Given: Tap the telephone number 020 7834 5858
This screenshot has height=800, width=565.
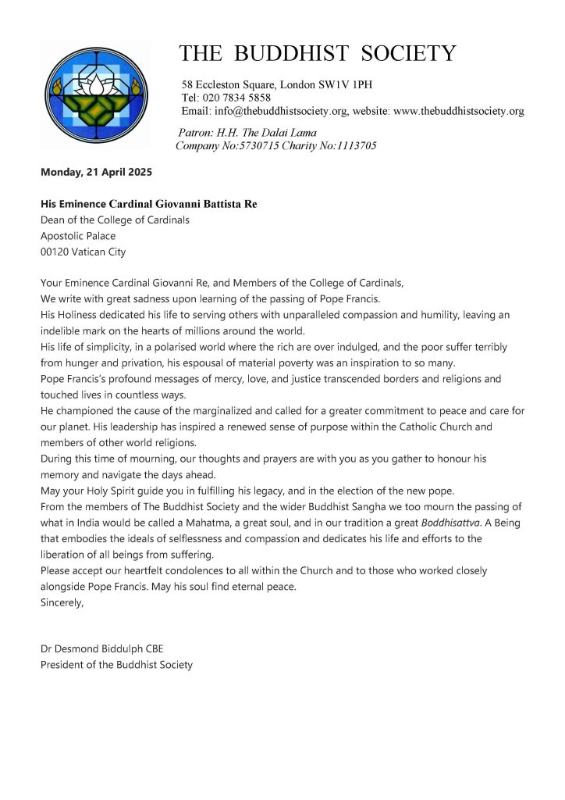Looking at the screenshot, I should tap(236, 98).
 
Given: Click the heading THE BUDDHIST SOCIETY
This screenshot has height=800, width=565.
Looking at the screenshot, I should tap(318, 53).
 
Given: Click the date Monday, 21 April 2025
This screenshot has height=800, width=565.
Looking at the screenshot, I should tap(96, 172).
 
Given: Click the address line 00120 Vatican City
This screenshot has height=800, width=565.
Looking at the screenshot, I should tap(83, 252).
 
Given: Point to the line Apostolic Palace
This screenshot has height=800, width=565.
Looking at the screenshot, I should tap(78, 236).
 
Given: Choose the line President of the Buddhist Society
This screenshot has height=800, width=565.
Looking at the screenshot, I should tap(116, 665).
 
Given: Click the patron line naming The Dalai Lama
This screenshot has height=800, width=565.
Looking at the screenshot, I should tap(248, 133).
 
